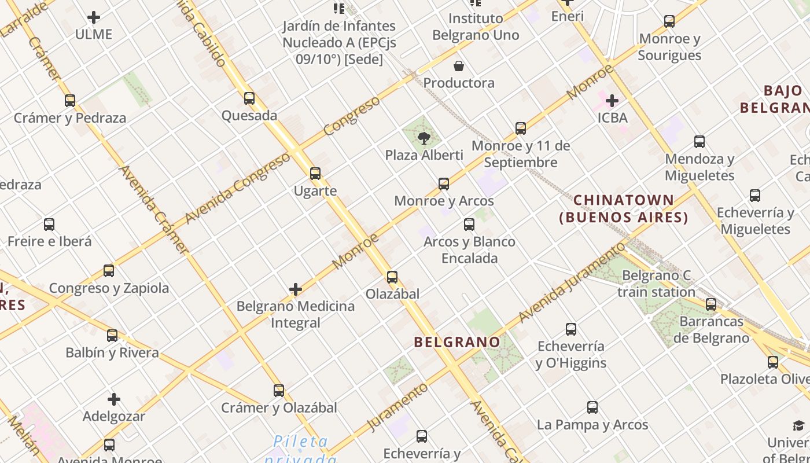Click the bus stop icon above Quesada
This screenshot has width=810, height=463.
249,98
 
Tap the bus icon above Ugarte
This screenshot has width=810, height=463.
315,174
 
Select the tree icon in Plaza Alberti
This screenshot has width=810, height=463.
424,138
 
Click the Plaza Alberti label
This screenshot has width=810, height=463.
424,155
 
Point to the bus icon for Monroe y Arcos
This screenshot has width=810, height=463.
444,184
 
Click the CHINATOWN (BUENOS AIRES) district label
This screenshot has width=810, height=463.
624,209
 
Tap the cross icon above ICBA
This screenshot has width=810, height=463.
612,101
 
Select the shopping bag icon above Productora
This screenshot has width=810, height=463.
459,66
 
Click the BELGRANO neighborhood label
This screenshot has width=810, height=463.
457,342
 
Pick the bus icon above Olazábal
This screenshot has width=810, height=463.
392,277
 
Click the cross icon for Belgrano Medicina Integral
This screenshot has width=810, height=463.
296,289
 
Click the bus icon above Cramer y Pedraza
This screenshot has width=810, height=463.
70,101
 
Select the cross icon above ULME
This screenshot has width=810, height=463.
94,18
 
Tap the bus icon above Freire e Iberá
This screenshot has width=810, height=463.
49,225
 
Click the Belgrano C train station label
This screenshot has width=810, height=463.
656,284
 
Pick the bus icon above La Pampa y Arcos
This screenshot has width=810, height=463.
592,407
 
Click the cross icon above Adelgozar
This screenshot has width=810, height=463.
114,399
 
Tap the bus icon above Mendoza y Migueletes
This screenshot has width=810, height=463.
699,142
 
